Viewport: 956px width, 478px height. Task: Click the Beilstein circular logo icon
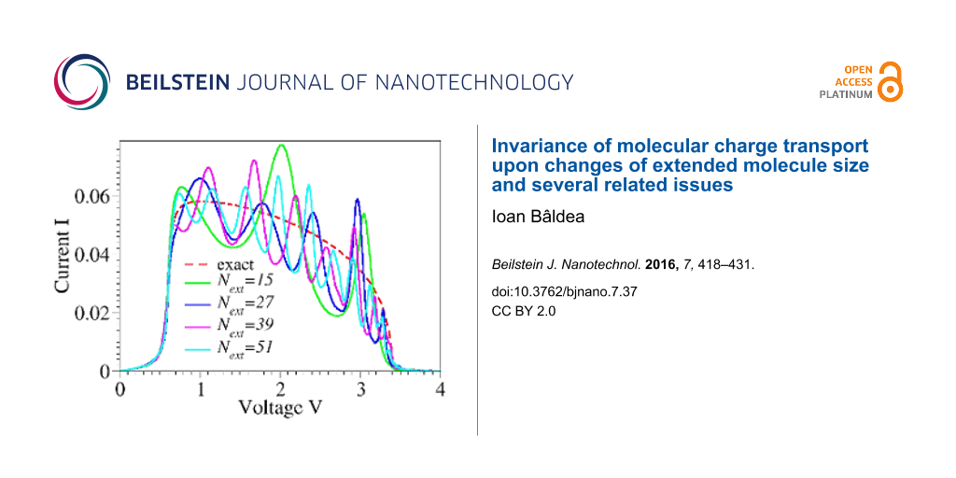coord(82,82)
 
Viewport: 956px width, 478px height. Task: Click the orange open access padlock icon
coord(891,83)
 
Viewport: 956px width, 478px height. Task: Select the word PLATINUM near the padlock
coord(846,94)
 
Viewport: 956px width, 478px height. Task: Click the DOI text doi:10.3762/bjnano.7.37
coord(553,291)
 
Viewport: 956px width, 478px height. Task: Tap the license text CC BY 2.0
coord(524,312)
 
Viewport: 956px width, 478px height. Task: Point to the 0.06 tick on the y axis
coord(92,197)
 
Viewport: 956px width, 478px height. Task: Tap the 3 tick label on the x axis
coord(360,387)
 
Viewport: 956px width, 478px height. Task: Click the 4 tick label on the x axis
coord(441,387)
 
